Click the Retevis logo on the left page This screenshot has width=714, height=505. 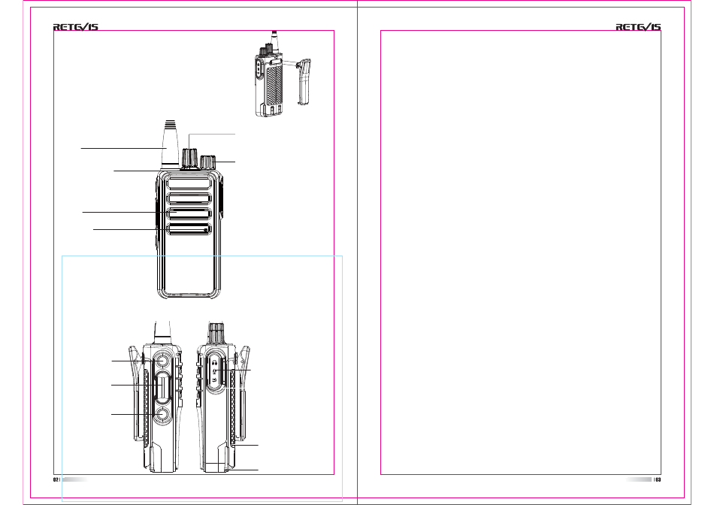coord(76,27)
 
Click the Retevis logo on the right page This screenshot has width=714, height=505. coord(638,27)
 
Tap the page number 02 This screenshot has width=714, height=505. coord(56,479)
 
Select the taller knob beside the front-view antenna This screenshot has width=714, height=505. coord(188,158)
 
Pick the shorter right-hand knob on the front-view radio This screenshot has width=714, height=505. coord(207,162)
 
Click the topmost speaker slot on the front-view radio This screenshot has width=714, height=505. coord(189,183)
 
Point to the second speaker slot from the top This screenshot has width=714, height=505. coord(189,198)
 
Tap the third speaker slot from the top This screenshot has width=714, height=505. coord(189,213)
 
